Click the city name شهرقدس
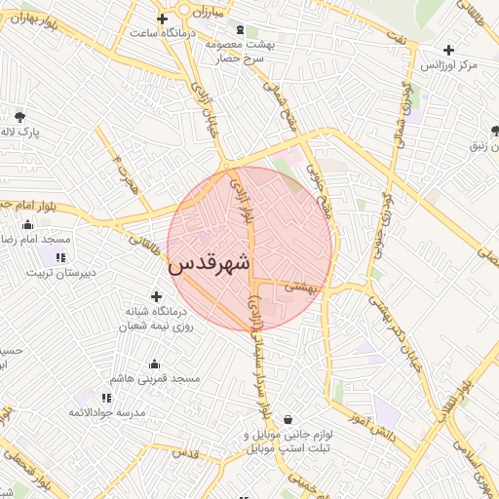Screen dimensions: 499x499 pyautogui.click(x=210, y=264)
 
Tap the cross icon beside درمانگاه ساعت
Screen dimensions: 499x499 pyautogui.click(x=163, y=19)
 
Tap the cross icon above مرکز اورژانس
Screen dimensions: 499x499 pyautogui.click(x=448, y=49)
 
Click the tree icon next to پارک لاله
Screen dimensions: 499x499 pyautogui.click(x=20, y=118)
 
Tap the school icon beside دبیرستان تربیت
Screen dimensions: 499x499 pyautogui.click(x=60, y=257)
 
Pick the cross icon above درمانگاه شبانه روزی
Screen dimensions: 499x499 pyautogui.click(x=156, y=296)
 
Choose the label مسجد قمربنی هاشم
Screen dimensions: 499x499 pyautogui.click(x=155, y=377)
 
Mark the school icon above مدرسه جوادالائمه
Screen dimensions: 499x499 pyautogui.click(x=106, y=398)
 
